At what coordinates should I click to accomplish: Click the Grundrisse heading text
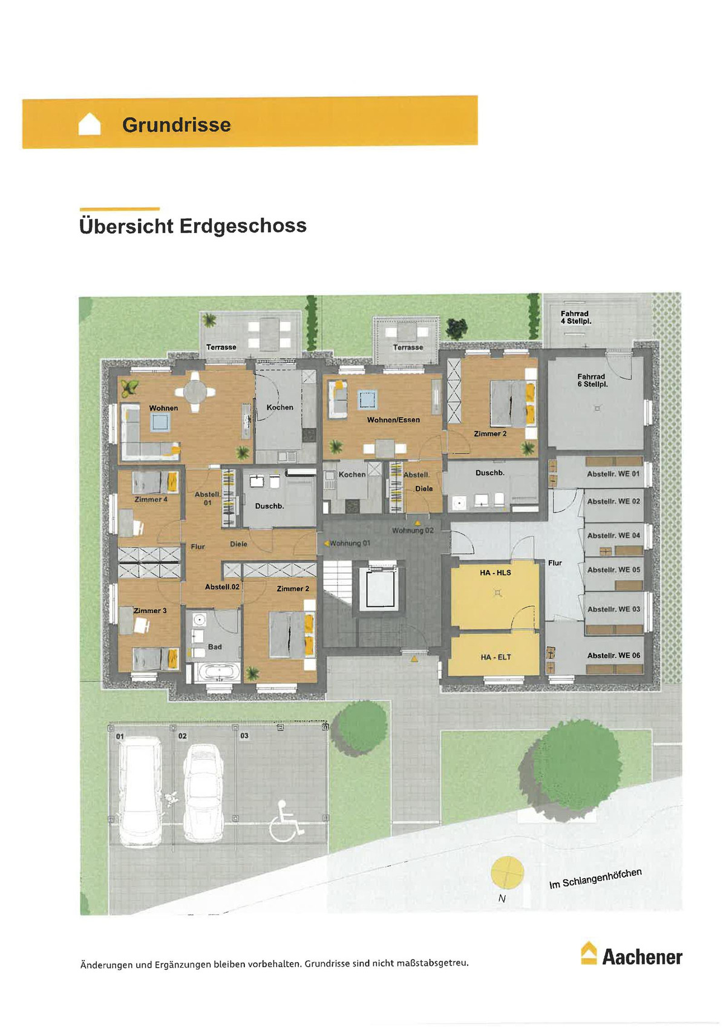pos(177,125)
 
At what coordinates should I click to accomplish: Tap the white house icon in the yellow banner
pos(90,124)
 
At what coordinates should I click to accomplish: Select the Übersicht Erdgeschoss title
pos(193,226)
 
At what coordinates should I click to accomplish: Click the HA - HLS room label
pos(495,573)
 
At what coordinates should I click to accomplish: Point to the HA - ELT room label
pos(495,657)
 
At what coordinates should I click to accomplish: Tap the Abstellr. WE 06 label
pos(613,655)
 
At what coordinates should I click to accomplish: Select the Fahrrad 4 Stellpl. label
pos(576,317)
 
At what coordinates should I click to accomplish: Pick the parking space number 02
pos(183,736)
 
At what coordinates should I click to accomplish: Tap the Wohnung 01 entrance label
pos(350,543)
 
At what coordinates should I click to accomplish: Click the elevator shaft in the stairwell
pos(379,588)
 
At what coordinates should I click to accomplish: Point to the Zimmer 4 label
pos(151,499)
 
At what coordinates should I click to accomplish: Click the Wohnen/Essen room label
pos(393,419)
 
